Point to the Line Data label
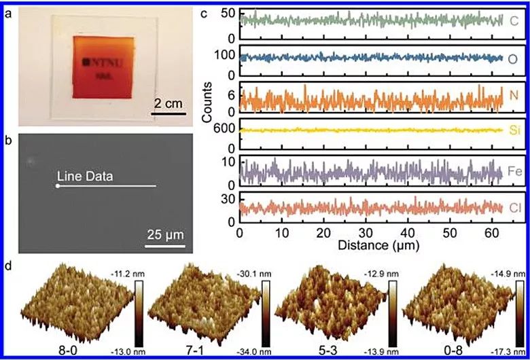(x=84, y=176)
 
